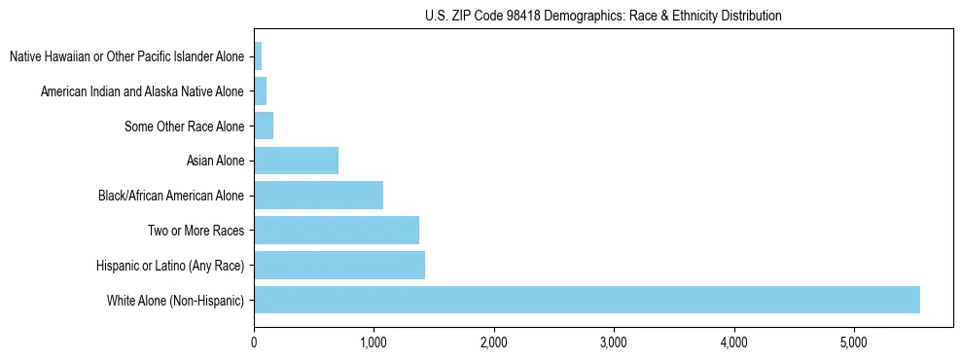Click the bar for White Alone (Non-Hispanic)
[x=587, y=300]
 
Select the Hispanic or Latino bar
[x=339, y=265]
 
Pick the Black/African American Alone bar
[x=318, y=195]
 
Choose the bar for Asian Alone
[x=296, y=160]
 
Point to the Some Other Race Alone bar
[x=264, y=126]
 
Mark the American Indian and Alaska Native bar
[x=260, y=90]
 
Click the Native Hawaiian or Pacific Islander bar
[x=258, y=55]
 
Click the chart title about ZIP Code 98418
[x=603, y=16]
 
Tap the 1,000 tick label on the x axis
[x=374, y=342]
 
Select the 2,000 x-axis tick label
[x=493, y=342]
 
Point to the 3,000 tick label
[x=614, y=342]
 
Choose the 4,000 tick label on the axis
[x=733, y=342]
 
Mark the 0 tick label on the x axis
[x=254, y=342]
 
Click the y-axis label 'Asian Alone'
[x=215, y=161]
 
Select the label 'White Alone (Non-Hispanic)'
[x=176, y=301]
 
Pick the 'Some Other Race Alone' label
[x=185, y=126]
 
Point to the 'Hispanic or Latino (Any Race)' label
[x=170, y=266]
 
